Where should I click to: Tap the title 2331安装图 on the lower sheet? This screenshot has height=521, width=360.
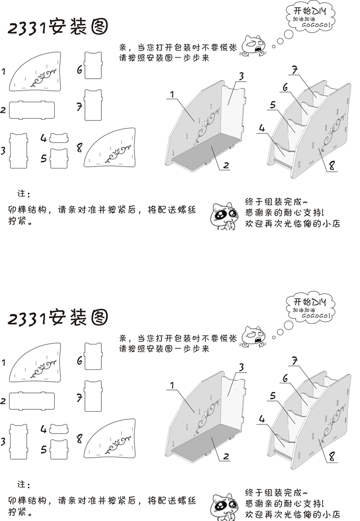pos(57,317)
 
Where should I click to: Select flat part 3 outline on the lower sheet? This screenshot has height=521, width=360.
pos(19,439)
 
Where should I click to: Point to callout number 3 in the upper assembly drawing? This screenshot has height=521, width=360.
pos(241,76)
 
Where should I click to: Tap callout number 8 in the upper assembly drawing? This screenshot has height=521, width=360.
pos(332,167)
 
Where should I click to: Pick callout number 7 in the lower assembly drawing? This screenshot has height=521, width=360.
pos(295,360)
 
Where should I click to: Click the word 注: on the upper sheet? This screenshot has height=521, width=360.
pos(24,194)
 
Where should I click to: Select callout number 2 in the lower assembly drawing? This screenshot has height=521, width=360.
pos(226,455)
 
